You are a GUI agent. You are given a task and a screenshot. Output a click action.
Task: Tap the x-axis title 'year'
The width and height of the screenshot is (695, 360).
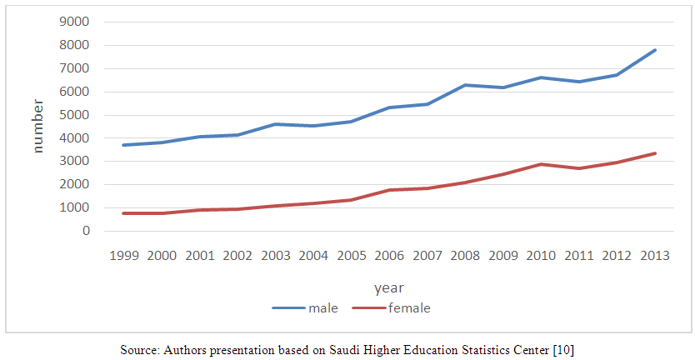point(389,288)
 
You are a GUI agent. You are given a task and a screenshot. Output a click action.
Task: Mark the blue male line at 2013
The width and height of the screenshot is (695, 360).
point(655,50)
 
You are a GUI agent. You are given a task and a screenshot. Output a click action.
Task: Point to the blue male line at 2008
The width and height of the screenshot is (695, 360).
point(466,85)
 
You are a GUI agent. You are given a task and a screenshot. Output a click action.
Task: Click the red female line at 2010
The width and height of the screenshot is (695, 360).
point(542,164)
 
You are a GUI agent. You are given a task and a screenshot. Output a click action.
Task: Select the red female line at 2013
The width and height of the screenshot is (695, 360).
point(655,153)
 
